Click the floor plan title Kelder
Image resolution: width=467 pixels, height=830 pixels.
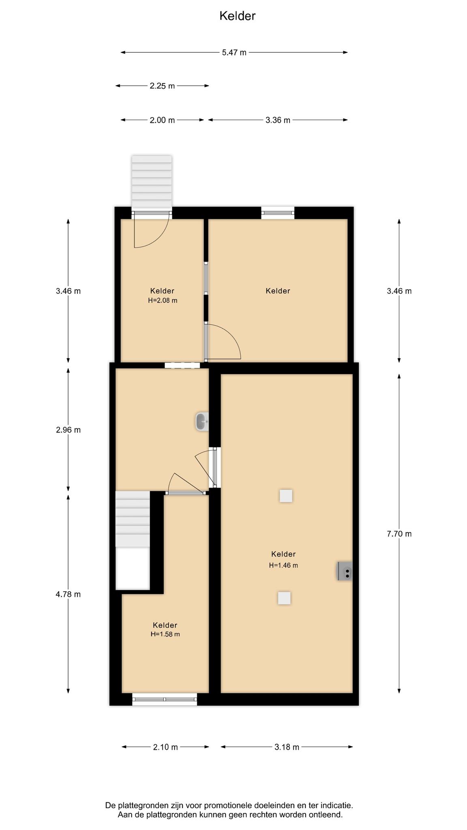pyautogui.click(x=237, y=16)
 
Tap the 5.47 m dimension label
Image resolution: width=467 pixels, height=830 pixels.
pyautogui.click(x=234, y=52)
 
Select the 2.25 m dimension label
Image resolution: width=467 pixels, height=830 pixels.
pyautogui.click(x=162, y=86)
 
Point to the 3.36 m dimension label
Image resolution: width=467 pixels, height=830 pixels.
pyautogui.click(x=278, y=120)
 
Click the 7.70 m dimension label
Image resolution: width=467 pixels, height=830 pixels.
pyautogui.click(x=399, y=534)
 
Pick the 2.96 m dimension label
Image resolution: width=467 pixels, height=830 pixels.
pyautogui.click(x=68, y=430)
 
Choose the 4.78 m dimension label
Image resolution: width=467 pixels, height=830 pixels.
pyautogui.click(x=68, y=595)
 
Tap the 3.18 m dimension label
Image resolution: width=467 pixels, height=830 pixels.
pyautogui.click(x=287, y=747)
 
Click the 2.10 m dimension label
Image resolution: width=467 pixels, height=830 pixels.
pyautogui.click(x=165, y=747)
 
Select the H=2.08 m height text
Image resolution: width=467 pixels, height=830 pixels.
pyautogui.click(x=163, y=301)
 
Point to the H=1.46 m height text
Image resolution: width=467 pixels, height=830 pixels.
pyautogui.click(x=283, y=565)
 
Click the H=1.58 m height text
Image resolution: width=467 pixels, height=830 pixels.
pyautogui.click(x=165, y=634)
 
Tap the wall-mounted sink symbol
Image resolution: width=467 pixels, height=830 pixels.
pyautogui.click(x=202, y=422)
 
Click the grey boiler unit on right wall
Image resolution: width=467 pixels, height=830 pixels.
pyautogui.click(x=345, y=571)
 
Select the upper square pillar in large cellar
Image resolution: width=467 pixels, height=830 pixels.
pyautogui.click(x=286, y=496)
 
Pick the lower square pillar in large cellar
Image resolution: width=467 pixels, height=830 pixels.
pyautogui.click(x=284, y=598)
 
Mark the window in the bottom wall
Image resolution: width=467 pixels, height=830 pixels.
pyautogui.click(x=165, y=699)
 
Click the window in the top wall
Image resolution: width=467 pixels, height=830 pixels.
pyautogui.click(x=278, y=213)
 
